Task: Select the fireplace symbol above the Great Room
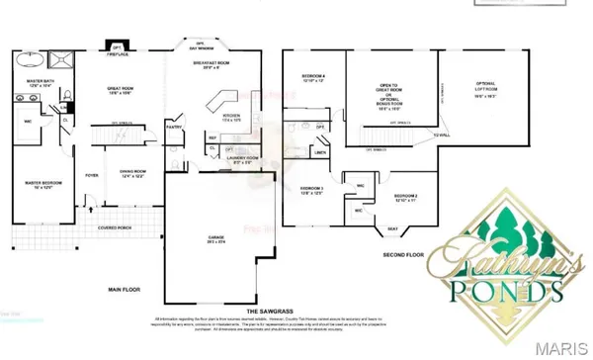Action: [116, 48]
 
